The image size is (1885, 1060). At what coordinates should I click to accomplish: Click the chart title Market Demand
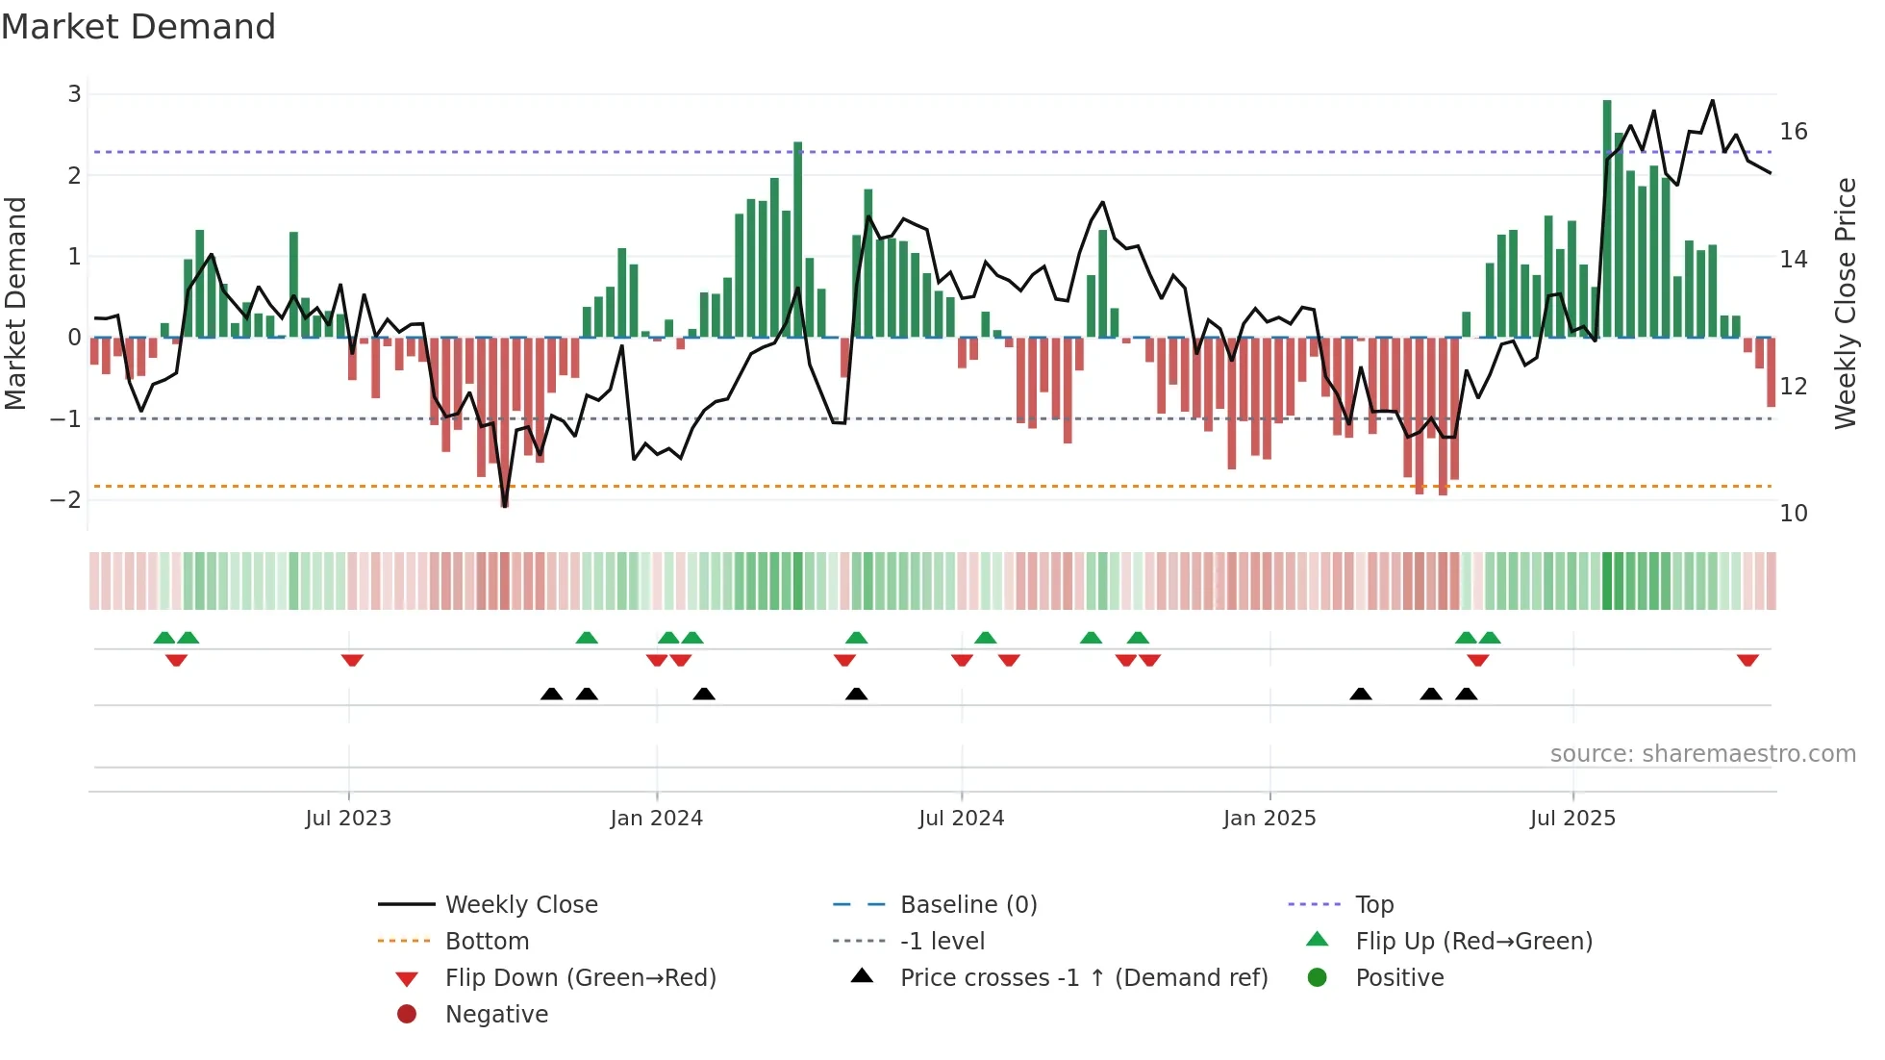click(138, 27)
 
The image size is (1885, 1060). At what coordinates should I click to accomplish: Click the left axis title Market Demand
click(16, 304)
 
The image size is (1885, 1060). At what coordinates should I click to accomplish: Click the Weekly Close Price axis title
click(1845, 304)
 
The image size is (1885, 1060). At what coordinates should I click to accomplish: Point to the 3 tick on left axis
click(74, 94)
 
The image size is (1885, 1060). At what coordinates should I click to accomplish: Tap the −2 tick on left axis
click(66, 500)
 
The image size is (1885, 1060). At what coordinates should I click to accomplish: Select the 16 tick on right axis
click(1793, 132)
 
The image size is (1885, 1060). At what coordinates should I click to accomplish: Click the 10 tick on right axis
click(1793, 514)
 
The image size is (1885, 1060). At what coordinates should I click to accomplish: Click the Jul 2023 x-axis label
click(348, 819)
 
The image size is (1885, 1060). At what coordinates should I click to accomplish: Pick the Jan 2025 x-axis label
click(1269, 819)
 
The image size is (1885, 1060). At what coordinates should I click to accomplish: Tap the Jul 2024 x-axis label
click(961, 819)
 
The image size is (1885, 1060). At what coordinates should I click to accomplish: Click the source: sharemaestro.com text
click(1702, 754)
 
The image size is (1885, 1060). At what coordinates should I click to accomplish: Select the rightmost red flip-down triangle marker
click(1747, 661)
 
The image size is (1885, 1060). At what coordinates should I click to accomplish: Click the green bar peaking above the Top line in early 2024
click(797, 240)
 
